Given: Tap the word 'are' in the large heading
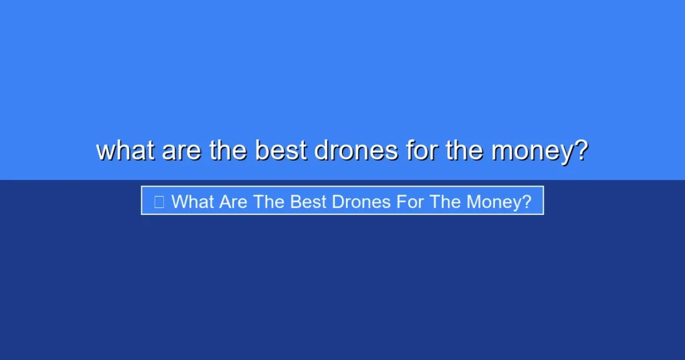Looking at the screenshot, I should pyautogui.click(x=179, y=151).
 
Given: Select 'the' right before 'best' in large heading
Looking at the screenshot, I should pyautogui.click(x=227, y=151).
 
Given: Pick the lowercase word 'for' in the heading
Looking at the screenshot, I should pyautogui.click(x=422, y=151).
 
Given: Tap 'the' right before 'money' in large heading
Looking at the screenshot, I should pyautogui.click(x=466, y=151).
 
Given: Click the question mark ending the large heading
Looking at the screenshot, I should pyautogui.click(x=581, y=151).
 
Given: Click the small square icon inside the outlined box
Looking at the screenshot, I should pyautogui.click(x=159, y=201).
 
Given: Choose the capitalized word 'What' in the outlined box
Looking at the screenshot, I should pyautogui.click(x=193, y=201).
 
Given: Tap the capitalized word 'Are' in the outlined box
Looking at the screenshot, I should pyautogui.click(x=233, y=201).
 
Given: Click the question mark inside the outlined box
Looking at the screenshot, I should pyautogui.click(x=527, y=201).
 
